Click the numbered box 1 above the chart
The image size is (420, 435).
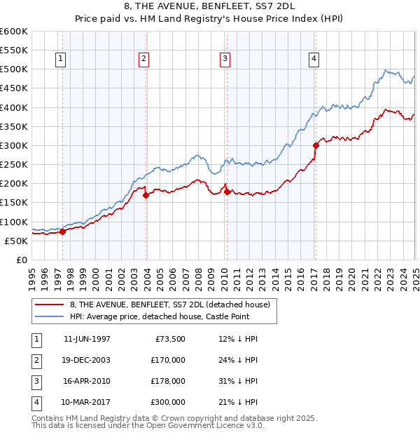click(x=62, y=59)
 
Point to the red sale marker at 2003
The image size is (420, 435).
click(x=146, y=196)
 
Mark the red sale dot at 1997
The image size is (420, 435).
click(x=62, y=232)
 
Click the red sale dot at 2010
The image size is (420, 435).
click(x=227, y=192)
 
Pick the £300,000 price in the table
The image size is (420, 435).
click(x=167, y=402)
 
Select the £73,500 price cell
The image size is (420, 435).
click(x=169, y=339)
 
